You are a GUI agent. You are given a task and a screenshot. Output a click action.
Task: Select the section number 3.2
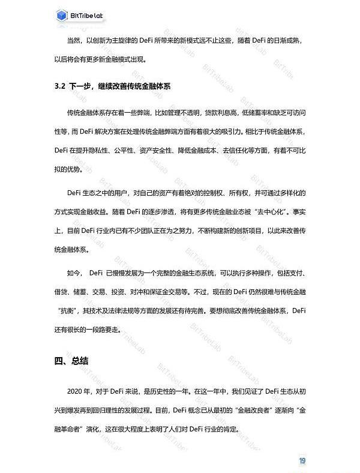point(59,86)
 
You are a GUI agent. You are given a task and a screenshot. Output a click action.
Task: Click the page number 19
point(302,460)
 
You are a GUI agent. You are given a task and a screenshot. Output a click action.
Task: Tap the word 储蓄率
point(254,112)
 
